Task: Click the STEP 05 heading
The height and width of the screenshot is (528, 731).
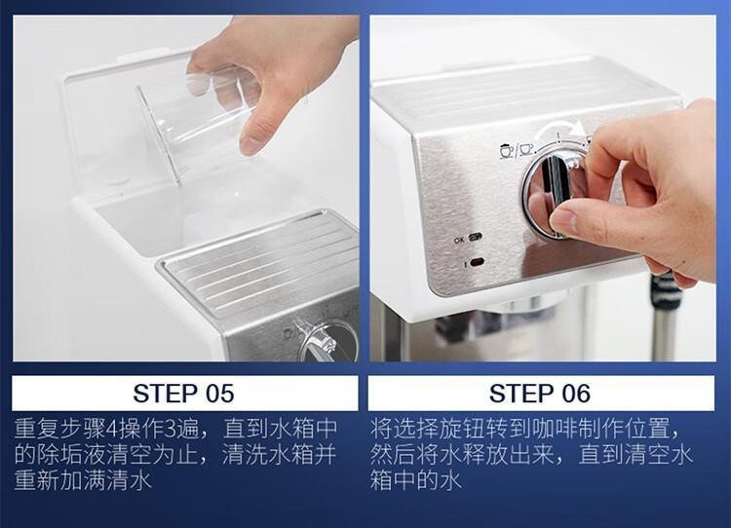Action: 183,394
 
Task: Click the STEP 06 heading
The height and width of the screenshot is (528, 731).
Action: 540,394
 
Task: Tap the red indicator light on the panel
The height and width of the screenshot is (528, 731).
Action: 477,262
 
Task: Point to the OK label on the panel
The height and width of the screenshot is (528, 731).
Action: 459,240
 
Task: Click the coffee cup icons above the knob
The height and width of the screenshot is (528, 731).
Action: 517,151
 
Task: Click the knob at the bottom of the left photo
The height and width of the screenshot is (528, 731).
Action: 327,341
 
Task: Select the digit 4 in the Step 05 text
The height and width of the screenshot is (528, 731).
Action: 112,429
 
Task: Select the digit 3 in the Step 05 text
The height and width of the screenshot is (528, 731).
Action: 171,429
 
